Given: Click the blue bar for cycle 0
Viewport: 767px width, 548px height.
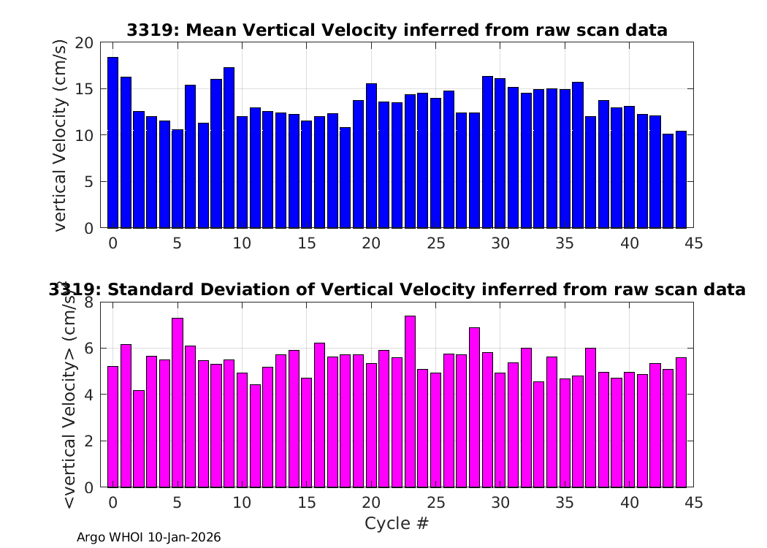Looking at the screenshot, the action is click(113, 142).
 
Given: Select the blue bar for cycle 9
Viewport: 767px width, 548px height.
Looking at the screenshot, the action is click(229, 148).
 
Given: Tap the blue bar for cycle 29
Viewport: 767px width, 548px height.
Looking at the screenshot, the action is click(488, 152).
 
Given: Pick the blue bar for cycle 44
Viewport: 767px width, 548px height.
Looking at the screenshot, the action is click(681, 180).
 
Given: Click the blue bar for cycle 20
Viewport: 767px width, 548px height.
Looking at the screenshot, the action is click(371, 156).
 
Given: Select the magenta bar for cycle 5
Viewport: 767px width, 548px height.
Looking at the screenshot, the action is click(178, 403).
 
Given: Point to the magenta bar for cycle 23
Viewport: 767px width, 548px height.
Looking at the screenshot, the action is click(410, 402).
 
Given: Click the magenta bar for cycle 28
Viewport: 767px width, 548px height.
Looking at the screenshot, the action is click(475, 408).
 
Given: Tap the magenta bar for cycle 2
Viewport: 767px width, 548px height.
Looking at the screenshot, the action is click(139, 439).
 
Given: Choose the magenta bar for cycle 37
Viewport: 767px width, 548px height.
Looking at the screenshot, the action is click(590, 418).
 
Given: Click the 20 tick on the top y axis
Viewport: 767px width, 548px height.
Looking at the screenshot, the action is click(84, 43).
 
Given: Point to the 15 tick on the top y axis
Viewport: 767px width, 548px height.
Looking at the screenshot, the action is click(84, 89).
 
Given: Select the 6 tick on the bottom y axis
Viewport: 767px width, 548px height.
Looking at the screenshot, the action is click(88, 349).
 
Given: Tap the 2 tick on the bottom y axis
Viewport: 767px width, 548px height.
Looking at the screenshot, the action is click(88, 441).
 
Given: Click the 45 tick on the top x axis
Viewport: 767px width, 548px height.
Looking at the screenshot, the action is click(694, 243).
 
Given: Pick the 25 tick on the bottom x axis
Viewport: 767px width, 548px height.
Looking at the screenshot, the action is click(436, 503).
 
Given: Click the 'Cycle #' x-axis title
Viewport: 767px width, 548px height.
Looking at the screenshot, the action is click(397, 523).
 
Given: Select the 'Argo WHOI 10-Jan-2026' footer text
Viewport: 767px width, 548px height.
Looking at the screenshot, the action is click(149, 537).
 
